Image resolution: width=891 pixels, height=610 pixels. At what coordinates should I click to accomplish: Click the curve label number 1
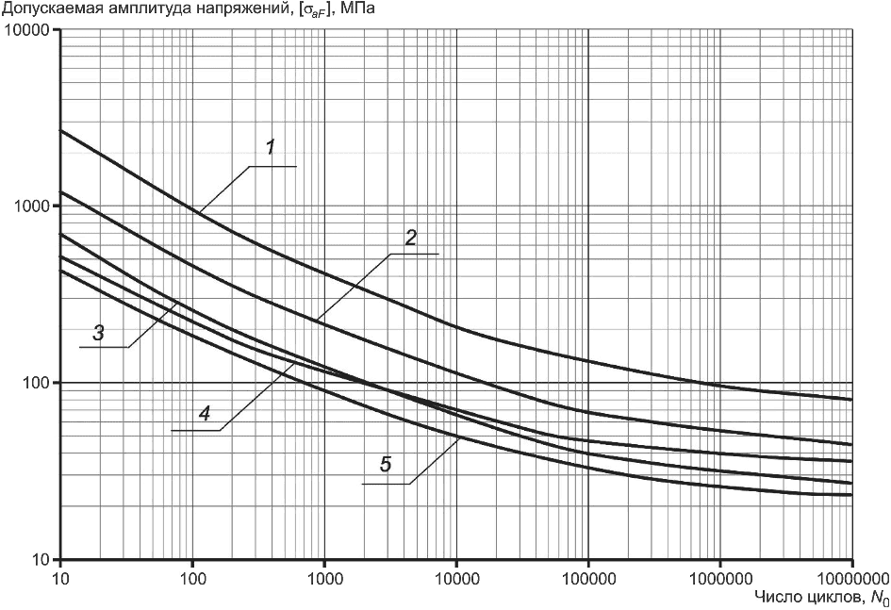pos(271,147)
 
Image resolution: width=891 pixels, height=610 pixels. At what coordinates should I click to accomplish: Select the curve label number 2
pos(410,238)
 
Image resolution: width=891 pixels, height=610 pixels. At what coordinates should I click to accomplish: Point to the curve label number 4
pos(204,413)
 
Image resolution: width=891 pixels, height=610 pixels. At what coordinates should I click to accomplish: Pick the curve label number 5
pos(385,464)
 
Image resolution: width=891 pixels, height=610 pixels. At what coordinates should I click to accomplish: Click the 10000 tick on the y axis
pos(30,30)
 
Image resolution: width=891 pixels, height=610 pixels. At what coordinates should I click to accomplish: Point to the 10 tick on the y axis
pos(42,559)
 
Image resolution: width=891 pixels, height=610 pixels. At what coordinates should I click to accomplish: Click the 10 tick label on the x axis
pos(60,576)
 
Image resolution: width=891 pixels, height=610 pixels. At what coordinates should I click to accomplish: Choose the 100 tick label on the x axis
pos(192,576)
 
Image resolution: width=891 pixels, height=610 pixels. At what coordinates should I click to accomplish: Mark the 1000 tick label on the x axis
pos(324,576)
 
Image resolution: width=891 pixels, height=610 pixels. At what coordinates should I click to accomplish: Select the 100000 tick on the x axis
pos(588,576)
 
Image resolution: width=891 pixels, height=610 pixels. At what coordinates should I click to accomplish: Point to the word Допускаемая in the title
pos(46,9)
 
